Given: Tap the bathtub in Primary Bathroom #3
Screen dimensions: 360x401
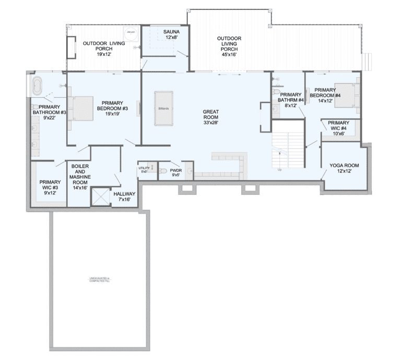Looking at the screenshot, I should (x=37, y=86).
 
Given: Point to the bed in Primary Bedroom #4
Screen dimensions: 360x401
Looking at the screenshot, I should (x=345, y=95).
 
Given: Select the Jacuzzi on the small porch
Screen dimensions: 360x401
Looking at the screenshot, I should (x=131, y=32).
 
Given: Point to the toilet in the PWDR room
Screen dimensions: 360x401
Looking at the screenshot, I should (x=162, y=171).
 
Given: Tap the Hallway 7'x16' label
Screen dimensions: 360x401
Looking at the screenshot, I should (x=124, y=196).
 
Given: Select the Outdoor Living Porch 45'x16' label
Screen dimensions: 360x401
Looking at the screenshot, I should (x=230, y=46).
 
